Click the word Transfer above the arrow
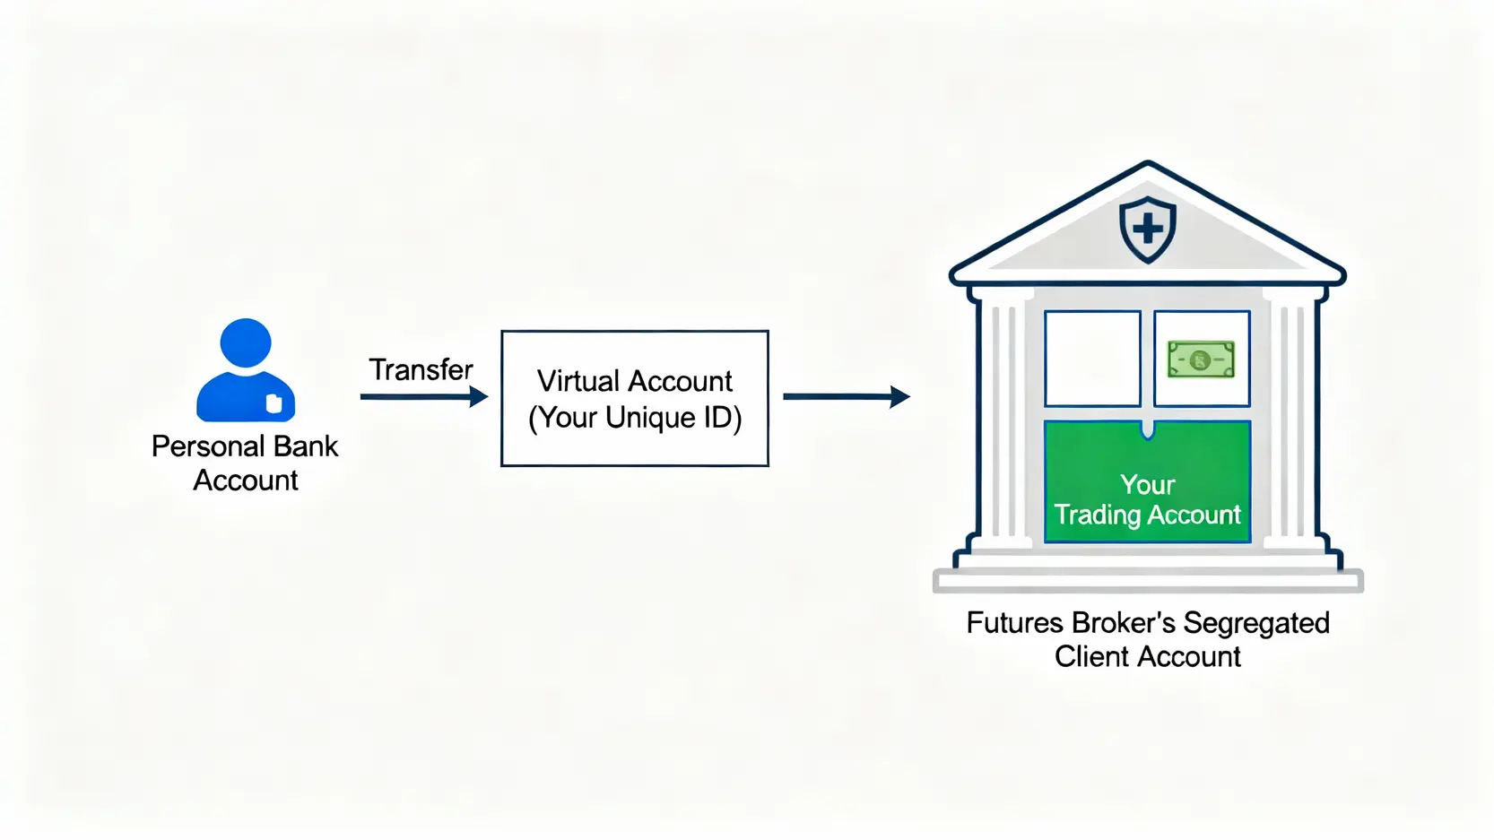pyautogui.click(x=421, y=369)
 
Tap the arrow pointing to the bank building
pyautogui.click(x=846, y=396)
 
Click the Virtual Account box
pyautogui.click(x=634, y=398)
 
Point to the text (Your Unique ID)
pyautogui.click(x=635, y=418)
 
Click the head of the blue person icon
pyautogui.click(x=245, y=343)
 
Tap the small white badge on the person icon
pyautogui.click(x=274, y=403)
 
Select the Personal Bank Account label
pyautogui.click(x=245, y=463)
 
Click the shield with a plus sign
pyautogui.click(x=1147, y=229)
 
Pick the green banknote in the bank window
pyautogui.click(x=1201, y=359)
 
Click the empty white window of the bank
pyautogui.click(x=1092, y=359)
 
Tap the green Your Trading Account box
pyautogui.click(x=1147, y=482)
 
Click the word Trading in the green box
pyautogui.click(x=1097, y=515)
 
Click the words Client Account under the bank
pyautogui.click(x=1147, y=656)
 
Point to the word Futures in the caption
pyautogui.click(x=1014, y=623)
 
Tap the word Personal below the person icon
pyautogui.click(x=207, y=446)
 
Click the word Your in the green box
pyautogui.click(x=1147, y=485)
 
